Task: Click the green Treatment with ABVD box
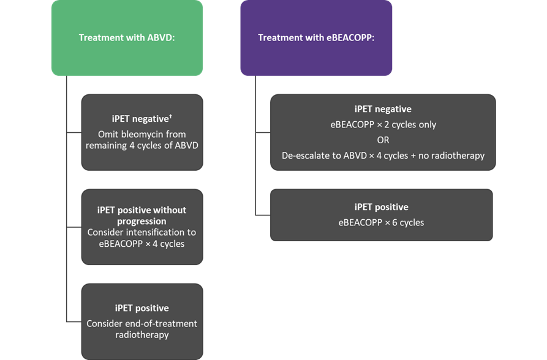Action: tap(127, 38)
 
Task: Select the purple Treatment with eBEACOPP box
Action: tap(316, 38)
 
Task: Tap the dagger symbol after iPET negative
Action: tap(170, 116)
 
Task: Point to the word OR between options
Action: tap(383, 140)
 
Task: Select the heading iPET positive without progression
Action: tap(141, 216)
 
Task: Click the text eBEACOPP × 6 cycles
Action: tap(381, 223)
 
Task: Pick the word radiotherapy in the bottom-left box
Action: tap(142, 335)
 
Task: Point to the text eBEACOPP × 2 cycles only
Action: tap(383, 125)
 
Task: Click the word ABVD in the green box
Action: tap(161, 38)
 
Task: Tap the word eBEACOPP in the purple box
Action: tap(350, 38)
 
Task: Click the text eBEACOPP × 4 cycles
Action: tap(141, 244)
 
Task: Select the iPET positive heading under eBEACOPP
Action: tap(381, 207)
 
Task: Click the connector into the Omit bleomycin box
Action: tap(74, 133)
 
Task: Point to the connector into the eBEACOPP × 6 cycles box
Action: tap(263, 216)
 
